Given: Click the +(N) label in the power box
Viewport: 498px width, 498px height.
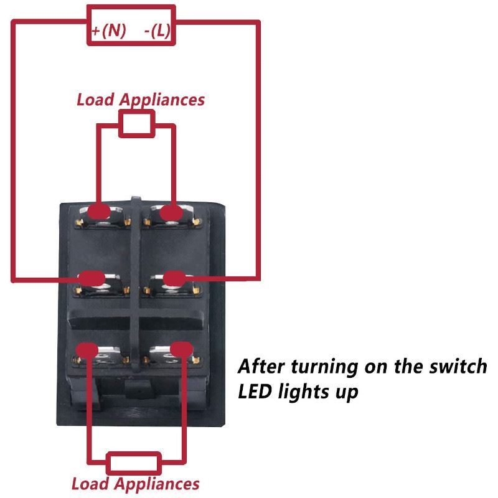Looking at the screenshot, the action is (x=108, y=31).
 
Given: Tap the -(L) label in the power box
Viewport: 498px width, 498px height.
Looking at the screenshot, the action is (x=157, y=31).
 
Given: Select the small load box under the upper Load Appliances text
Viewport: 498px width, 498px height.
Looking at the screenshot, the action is (x=137, y=124).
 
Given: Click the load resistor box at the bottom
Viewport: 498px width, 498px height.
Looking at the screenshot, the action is (x=134, y=464).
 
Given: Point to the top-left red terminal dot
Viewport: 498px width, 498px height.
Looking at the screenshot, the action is (x=99, y=211).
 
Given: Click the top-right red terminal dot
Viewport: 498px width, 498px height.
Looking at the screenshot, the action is (x=172, y=212).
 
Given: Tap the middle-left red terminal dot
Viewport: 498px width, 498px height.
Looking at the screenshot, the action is (x=92, y=278).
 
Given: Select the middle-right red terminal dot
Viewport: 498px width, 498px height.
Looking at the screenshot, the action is (x=174, y=278).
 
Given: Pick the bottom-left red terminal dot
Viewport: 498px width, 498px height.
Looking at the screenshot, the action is (x=87, y=350).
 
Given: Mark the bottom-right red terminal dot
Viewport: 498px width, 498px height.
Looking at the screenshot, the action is (x=182, y=349).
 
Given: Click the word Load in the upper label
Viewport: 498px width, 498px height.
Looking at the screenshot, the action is (x=95, y=100).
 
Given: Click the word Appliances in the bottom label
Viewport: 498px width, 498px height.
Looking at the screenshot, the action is (x=157, y=484).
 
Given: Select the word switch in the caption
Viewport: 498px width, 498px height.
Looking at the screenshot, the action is (x=458, y=366).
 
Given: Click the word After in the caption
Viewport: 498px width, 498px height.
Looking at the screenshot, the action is (x=261, y=366).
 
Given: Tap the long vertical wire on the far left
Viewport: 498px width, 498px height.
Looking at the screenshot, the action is (x=13, y=151).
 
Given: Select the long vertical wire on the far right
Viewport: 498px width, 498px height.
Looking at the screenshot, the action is (x=258, y=151).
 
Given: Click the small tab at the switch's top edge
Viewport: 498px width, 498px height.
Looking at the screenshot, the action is (x=136, y=199).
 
